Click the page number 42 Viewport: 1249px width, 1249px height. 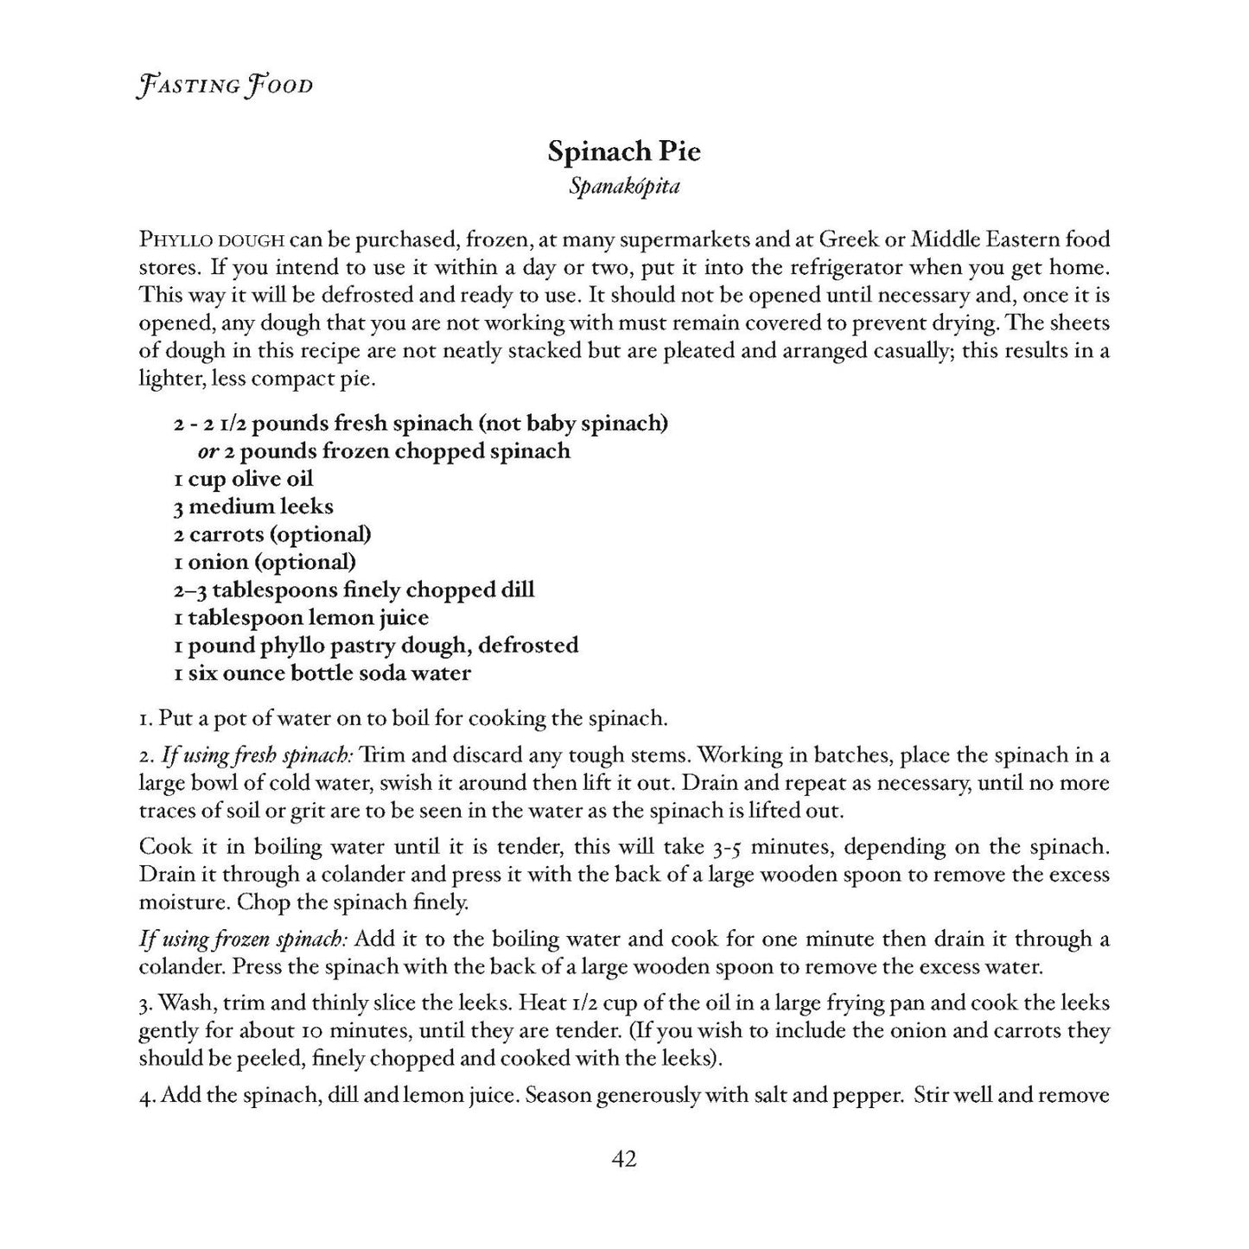[x=624, y=1159]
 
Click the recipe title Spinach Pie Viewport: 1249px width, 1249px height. [x=624, y=152]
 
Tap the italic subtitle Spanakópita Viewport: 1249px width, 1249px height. [x=624, y=187]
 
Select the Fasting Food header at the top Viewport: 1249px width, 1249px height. [x=225, y=86]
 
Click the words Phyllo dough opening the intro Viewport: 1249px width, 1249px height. [x=212, y=239]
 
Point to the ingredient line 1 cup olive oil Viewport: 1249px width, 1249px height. [x=243, y=479]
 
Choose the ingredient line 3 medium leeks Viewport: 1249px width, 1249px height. [x=252, y=507]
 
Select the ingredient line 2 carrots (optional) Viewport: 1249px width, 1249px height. [x=272, y=534]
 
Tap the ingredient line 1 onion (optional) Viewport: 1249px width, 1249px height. [x=264, y=562]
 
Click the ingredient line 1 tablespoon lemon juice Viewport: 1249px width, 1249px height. [x=301, y=617]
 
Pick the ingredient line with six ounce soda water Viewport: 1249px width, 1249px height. [x=322, y=672]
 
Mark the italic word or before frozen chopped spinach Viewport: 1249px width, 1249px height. [x=207, y=452]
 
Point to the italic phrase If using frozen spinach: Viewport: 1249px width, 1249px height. [x=244, y=939]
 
